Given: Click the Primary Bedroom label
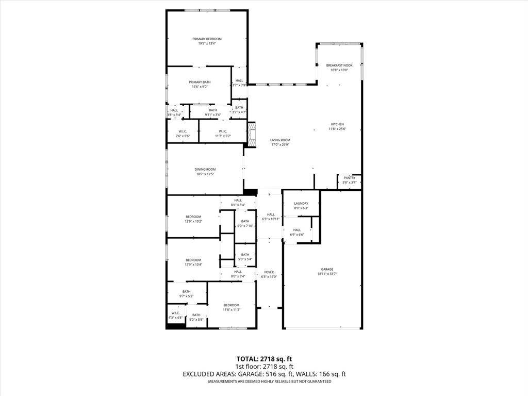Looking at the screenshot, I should point(207,39).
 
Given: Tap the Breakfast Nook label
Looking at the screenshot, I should point(339,65).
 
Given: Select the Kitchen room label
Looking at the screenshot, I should point(337,124).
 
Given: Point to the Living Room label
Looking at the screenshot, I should point(280,140).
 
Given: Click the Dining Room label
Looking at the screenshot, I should point(205,170).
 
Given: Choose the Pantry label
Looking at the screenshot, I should point(350,178).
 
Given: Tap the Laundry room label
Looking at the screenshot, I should point(301,204).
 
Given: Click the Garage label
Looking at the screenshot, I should point(327,269).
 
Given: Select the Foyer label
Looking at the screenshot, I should point(269,272).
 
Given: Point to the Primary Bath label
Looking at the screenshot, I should point(200,82).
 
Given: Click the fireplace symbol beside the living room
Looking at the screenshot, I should point(252,134).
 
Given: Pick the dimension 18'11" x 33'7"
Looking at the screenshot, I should point(327,274).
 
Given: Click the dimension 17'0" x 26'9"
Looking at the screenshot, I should point(280,145).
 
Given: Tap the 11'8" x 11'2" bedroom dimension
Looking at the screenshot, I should point(232,310).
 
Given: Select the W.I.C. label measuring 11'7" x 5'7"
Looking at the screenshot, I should point(223,136).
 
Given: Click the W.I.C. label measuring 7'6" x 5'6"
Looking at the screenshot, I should point(183,136).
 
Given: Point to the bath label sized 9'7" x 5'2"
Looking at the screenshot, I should point(186,296).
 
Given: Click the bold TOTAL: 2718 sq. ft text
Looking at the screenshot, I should point(264,359).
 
